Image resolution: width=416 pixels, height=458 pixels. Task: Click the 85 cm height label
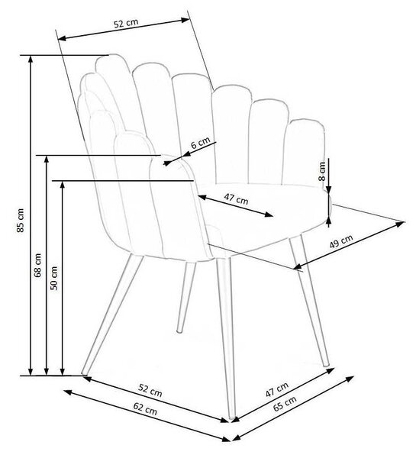point(20,220)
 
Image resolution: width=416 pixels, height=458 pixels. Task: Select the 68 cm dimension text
point(37,265)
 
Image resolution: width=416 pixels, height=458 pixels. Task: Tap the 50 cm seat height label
point(54,278)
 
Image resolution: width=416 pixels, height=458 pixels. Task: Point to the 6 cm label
point(201,143)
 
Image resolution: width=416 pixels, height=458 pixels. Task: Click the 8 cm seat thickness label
point(321,171)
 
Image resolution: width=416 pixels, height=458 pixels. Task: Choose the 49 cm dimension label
point(341,241)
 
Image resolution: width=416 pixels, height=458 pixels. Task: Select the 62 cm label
point(145,408)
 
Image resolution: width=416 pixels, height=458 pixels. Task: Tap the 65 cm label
point(285,403)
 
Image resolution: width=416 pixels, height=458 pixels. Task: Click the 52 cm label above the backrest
point(126,23)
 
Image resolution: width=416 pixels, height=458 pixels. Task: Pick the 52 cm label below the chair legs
point(150,391)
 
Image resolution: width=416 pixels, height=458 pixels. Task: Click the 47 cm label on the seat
point(236,199)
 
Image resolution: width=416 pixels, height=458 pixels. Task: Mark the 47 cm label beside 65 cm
point(276,389)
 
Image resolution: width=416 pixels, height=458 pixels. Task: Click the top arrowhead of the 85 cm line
point(31,59)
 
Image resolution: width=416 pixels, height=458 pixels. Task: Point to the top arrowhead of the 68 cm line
point(46,160)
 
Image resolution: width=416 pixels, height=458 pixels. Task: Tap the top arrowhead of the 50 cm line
point(62,185)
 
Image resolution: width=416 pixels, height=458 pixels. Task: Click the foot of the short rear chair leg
point(179,331)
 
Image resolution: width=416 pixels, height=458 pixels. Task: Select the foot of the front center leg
point(231,418)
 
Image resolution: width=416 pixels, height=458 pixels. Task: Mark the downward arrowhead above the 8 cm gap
point(329,190)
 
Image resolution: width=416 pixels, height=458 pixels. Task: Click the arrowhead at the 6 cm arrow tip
point(167,163)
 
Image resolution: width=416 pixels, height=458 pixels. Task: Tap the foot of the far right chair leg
point(327,364)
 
